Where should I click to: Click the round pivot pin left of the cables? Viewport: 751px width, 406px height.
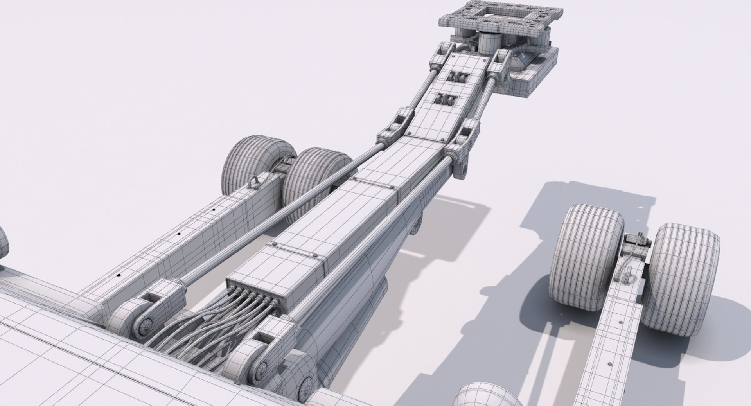tap(146, 324)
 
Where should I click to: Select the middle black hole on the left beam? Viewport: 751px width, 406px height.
tap(180, 234)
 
